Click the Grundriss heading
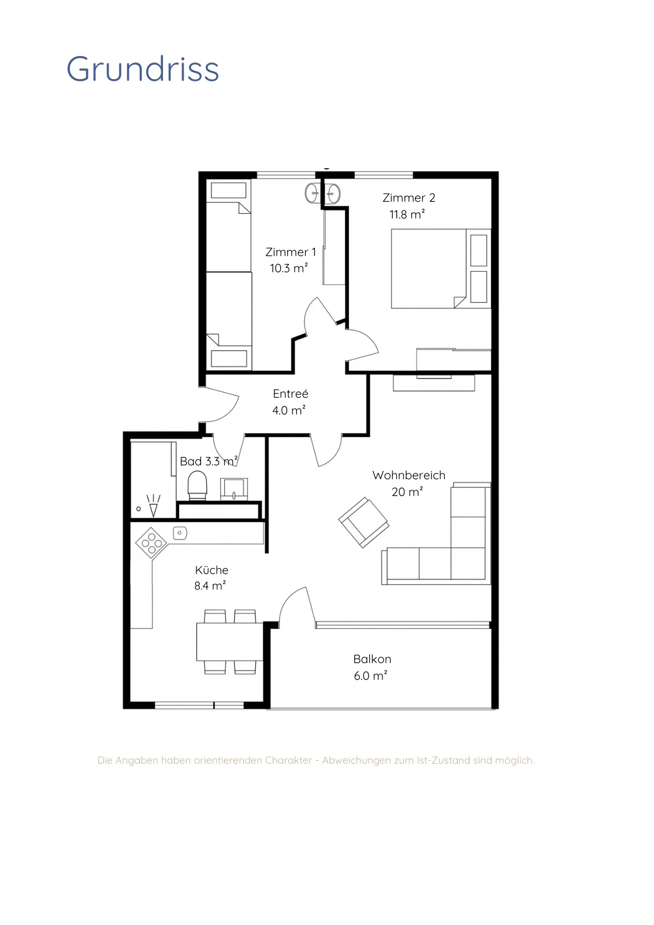[x=142, y=69]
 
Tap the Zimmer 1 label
[x=291, y=252]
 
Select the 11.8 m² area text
[x=407, y=214]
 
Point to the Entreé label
[x=291, y=394]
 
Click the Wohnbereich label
[x=409, y=475]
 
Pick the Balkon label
[x=372, y=659]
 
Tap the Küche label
[x=211, y=570]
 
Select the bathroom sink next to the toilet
[x=234, y=489]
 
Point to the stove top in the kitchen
[x=151, y=543]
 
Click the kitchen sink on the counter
[x=180, y=533]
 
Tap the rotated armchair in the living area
[x=363, y=523]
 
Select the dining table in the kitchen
[x=229, y=642]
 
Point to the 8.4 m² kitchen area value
[x=210, y=586]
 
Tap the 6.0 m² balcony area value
[x=370, y=676]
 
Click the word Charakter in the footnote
[x=288, y=760]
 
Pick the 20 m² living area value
[x=407, y=492]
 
